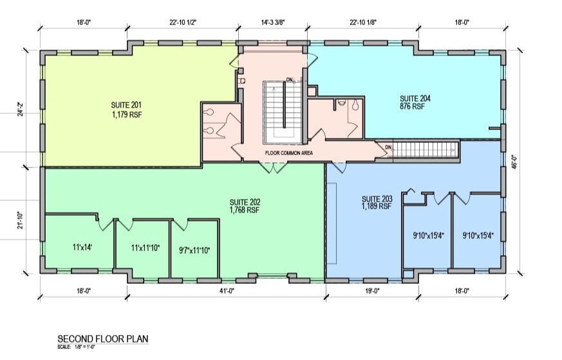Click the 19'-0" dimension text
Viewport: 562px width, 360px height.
[x=373, y=291]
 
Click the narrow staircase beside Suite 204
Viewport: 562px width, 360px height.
[x=425, y=149]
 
